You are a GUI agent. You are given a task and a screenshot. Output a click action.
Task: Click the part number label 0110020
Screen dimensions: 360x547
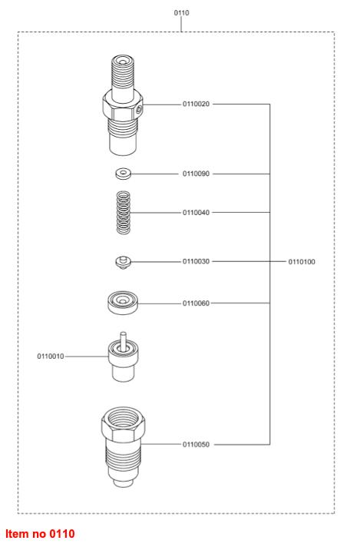[197, 104]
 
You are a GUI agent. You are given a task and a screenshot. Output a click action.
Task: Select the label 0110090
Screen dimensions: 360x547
[197, 174]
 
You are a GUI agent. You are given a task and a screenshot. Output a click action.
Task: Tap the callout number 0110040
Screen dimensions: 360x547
[197, 213]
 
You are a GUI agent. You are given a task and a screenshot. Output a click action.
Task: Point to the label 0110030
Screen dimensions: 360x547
[197, 261]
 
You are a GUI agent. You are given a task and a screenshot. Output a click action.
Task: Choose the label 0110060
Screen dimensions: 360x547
[197, 303]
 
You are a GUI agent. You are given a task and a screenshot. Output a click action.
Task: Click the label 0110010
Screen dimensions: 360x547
[51, 356]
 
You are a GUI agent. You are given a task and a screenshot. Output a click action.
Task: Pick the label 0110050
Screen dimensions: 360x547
[197, 444]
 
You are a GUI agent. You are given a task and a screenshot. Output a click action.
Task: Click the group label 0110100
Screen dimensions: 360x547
[302, 262]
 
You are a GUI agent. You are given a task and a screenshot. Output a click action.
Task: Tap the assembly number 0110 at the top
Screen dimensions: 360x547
[182, 13]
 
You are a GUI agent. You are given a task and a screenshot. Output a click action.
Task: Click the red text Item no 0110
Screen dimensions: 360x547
[40, 534]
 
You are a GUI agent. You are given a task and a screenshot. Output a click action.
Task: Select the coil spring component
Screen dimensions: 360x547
[123, 213]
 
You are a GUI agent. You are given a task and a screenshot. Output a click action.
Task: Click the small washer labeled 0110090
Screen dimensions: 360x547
[123, 174]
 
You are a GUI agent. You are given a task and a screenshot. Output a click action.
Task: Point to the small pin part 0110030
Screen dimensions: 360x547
[123, 262]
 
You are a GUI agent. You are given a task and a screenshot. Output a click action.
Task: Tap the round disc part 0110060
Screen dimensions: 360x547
[123, 303]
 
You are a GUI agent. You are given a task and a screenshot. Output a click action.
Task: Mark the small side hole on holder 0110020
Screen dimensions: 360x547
[139, 111]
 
